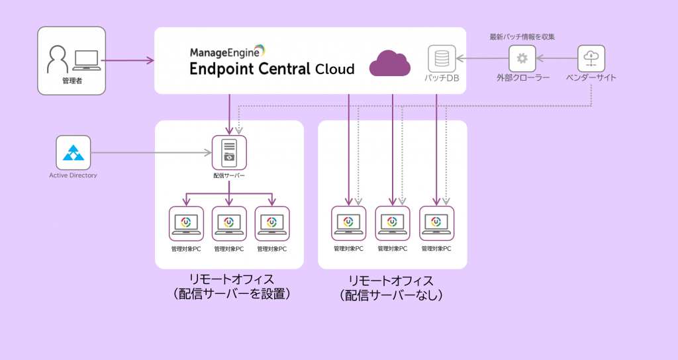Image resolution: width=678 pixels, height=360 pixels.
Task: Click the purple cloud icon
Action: tap(389, 64)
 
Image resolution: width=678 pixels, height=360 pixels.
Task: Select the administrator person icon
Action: tap(58, 60)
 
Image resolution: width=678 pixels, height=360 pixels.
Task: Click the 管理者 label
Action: tap(72, 81)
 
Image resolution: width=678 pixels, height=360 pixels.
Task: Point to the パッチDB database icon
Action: tap(442, 60)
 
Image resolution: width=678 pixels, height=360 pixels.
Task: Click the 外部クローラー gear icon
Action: tap(522, 60)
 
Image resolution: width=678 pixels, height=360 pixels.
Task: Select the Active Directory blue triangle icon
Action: tap(73, 153)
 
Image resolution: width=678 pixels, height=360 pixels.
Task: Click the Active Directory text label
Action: tap(73, 175)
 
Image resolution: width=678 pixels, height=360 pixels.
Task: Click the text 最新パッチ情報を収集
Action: tap(522, 37)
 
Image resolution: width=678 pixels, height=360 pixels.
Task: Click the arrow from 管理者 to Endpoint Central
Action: tap(129, 61)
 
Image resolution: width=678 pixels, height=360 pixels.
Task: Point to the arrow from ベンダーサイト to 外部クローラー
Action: tap(556, 60)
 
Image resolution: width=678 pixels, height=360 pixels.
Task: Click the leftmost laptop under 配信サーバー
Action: tap(186, 224)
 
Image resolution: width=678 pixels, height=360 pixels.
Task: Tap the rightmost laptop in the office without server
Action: tap(437, 224)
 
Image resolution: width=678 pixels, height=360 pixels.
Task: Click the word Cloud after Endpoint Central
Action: tap(334, 69)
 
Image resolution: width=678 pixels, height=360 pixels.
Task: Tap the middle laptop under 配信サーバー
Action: tap(229, 224)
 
